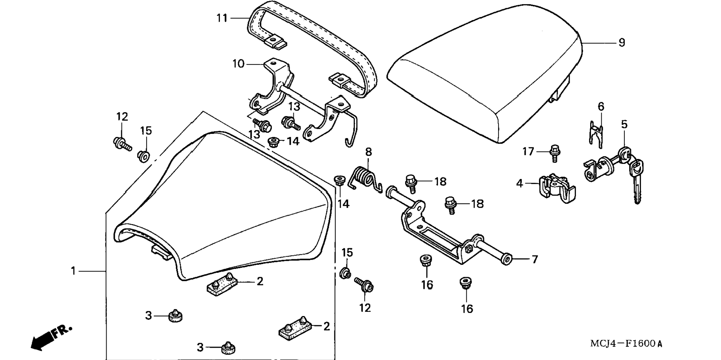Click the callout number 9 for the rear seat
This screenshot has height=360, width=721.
[x=621, y=43]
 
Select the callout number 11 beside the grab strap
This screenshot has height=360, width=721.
[x=222, y=18]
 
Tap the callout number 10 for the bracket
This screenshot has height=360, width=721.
[x=238, y=64]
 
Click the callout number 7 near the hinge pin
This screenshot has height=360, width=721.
[x=535, y=259]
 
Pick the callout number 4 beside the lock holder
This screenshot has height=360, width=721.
[x=520, y=184]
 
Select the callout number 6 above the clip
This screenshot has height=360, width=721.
[x=601, y=107]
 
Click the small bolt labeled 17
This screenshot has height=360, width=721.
[x=555, y=153]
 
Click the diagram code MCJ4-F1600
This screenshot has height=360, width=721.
[x=626, y=344]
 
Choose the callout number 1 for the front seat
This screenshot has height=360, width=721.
[x=73, y=271]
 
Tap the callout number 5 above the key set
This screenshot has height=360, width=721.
[x=624, y=125]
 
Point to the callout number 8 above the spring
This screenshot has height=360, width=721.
[x=368, y=152]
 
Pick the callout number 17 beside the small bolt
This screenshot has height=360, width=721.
[x=528, y=151]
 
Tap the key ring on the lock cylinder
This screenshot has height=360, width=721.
[x=624, y=153]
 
